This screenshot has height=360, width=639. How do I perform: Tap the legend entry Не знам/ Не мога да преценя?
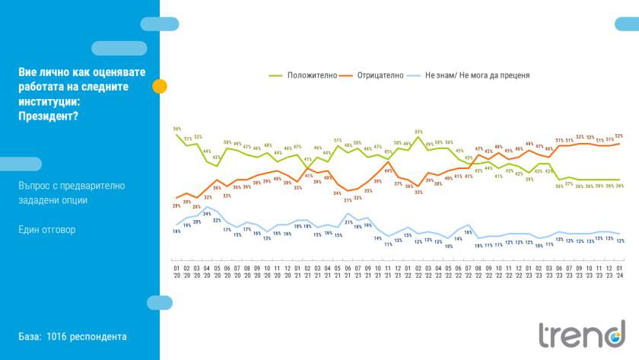click(477, 75)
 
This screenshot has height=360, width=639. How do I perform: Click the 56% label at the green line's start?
click(176, 129)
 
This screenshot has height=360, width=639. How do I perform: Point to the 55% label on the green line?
click(418, 132)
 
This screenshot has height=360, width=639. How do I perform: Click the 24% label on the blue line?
click(207, 214)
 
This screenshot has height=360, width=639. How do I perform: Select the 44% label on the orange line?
click(388, 171)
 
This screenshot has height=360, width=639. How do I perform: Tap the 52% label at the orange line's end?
click(619, 136)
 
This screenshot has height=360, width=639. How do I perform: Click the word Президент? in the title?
click(48, 116)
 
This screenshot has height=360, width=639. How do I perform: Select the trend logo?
click(581, 333)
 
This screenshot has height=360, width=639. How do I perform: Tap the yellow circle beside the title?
click(160, 86)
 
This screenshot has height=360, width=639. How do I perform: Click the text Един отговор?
click(47, 229)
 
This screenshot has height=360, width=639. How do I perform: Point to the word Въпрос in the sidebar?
click(36, 185)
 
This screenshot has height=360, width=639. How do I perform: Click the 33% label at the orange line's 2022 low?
click(418, 193)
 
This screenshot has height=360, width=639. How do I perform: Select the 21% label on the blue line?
click(348, 222)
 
